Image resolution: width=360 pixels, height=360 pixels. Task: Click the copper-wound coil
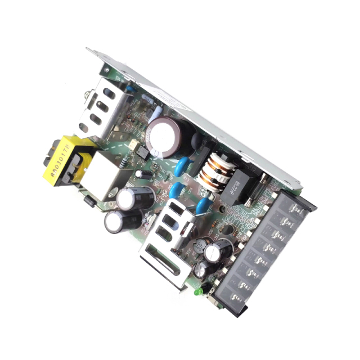(214, 172)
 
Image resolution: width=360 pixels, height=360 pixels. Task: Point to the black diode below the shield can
(88, 199)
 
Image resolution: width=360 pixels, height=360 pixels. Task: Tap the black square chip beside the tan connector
(143, 153)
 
